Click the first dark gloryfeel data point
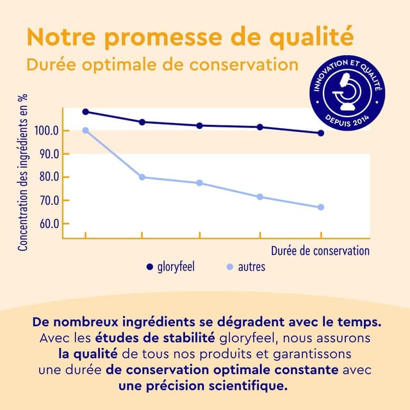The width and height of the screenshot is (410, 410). click(x=86, y=111)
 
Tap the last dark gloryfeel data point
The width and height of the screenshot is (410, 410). click(x=321, y=133)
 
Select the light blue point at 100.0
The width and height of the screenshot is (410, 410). click(x=86, y=131)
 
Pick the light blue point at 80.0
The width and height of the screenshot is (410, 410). click(x=142, y=177)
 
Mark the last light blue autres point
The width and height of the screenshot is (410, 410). click(x=321, y=207)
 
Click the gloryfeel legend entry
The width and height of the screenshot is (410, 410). click(x=170, y=266)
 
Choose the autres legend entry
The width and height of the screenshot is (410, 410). click(x=246, y=266)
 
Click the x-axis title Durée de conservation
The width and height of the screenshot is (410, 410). click(x=320, y=250)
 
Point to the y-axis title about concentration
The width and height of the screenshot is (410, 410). click(x=22, y=173)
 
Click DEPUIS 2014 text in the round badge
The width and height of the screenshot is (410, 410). click(x=348, y=120)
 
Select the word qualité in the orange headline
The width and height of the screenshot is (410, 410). click(x=310, y=36)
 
